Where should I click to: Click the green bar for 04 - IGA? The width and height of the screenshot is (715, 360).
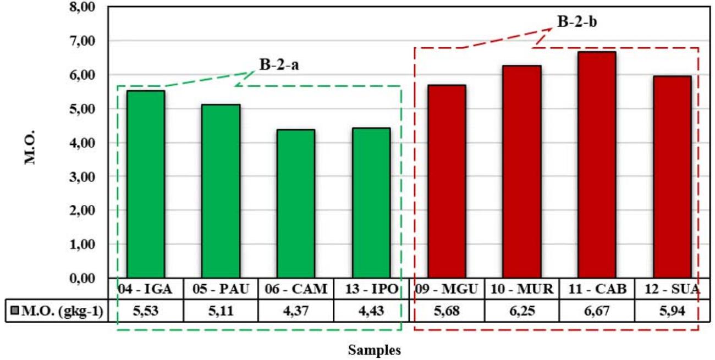pos(146,184)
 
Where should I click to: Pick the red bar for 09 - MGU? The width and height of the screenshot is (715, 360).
pos(447,181)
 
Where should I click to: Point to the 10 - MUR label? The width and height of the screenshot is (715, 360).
pos(521,289)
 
